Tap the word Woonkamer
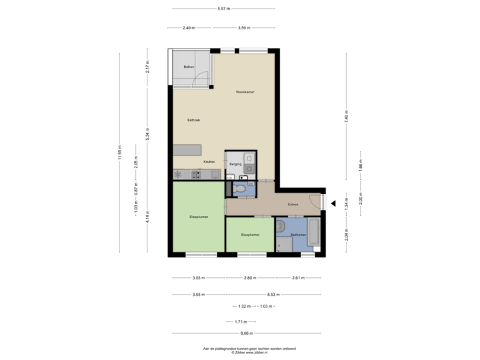245,91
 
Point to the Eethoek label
193,120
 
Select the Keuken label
208,162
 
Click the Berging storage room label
235,163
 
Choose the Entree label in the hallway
293,205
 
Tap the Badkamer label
299,235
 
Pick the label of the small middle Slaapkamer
249,235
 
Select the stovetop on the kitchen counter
197,174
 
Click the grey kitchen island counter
187,150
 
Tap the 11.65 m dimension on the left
119,153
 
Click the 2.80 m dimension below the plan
250,277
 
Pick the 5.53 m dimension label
273,294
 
